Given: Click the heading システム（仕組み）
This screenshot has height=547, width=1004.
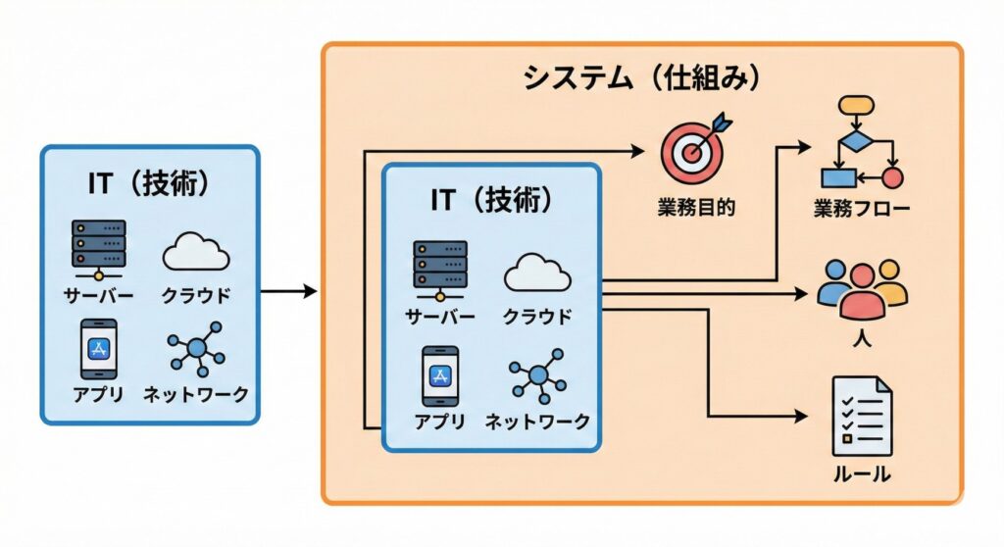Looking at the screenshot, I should click(x=642, y=78).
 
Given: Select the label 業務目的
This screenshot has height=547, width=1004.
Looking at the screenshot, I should click(x=696, y=207).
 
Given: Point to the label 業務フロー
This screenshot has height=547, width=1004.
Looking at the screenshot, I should click(x=862, y=209).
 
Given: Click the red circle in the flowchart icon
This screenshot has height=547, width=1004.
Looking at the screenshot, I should click(x=892, y=177).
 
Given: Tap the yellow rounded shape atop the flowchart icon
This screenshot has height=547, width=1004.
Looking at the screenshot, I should click(x=858, y=105).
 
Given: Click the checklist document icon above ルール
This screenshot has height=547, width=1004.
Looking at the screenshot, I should click(x=862, y=417).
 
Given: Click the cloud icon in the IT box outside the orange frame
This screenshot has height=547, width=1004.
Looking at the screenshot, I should click(x=196, y=251).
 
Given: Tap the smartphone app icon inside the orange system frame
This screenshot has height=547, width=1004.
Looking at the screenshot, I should click(x=439, y=375).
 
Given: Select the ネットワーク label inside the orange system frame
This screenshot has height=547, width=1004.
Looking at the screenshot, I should click(x=538, y=422).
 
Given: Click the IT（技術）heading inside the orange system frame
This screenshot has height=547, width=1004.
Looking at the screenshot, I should click(x=491, y=200).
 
